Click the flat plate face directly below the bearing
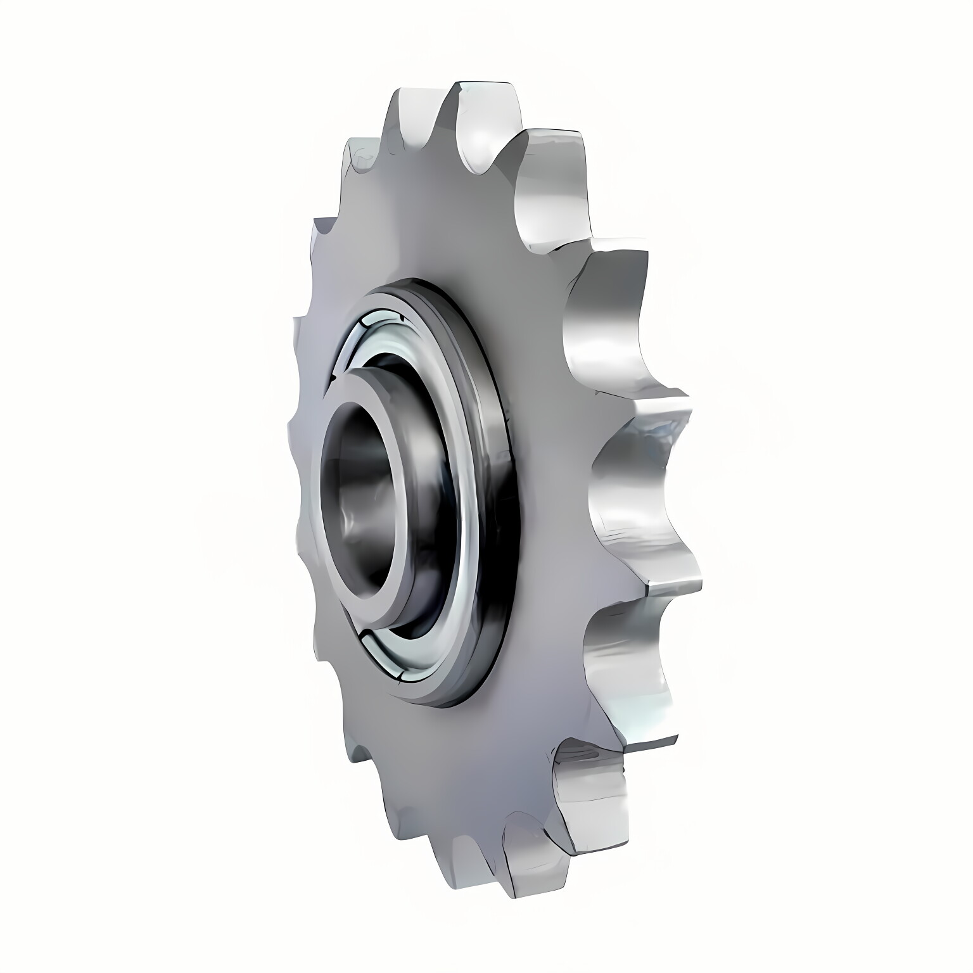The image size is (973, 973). click(x=443, y=760)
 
